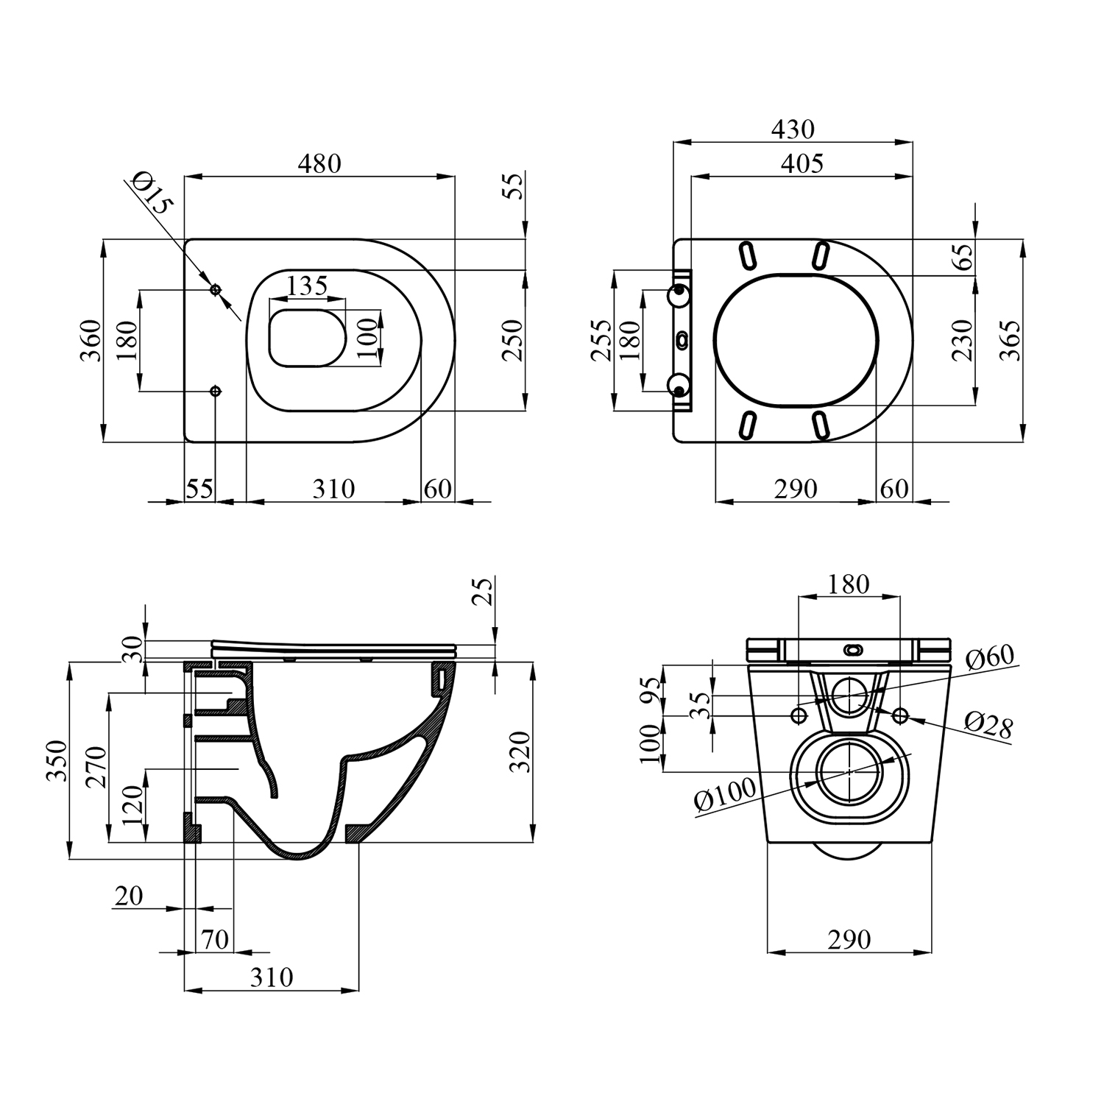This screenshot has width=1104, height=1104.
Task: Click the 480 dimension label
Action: (319, 163)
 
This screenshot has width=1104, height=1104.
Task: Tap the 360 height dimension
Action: (91, 340)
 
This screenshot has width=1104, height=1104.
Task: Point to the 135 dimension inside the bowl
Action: (307, 286)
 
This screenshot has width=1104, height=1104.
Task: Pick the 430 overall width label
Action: (793, 130)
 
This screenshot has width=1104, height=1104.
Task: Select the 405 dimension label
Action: (802, 163)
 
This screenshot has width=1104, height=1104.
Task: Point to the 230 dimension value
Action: (962, 339)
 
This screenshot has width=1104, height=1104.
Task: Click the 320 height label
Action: (520, 751)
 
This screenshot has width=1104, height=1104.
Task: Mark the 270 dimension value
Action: (96, 767)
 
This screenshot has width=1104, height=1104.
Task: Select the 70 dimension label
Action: (215, 940)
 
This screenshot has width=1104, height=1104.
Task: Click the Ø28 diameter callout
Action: (989, 724)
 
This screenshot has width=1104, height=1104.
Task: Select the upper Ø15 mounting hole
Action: (216, 290)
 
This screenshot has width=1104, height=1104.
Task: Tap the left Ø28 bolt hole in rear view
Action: (798, 715)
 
